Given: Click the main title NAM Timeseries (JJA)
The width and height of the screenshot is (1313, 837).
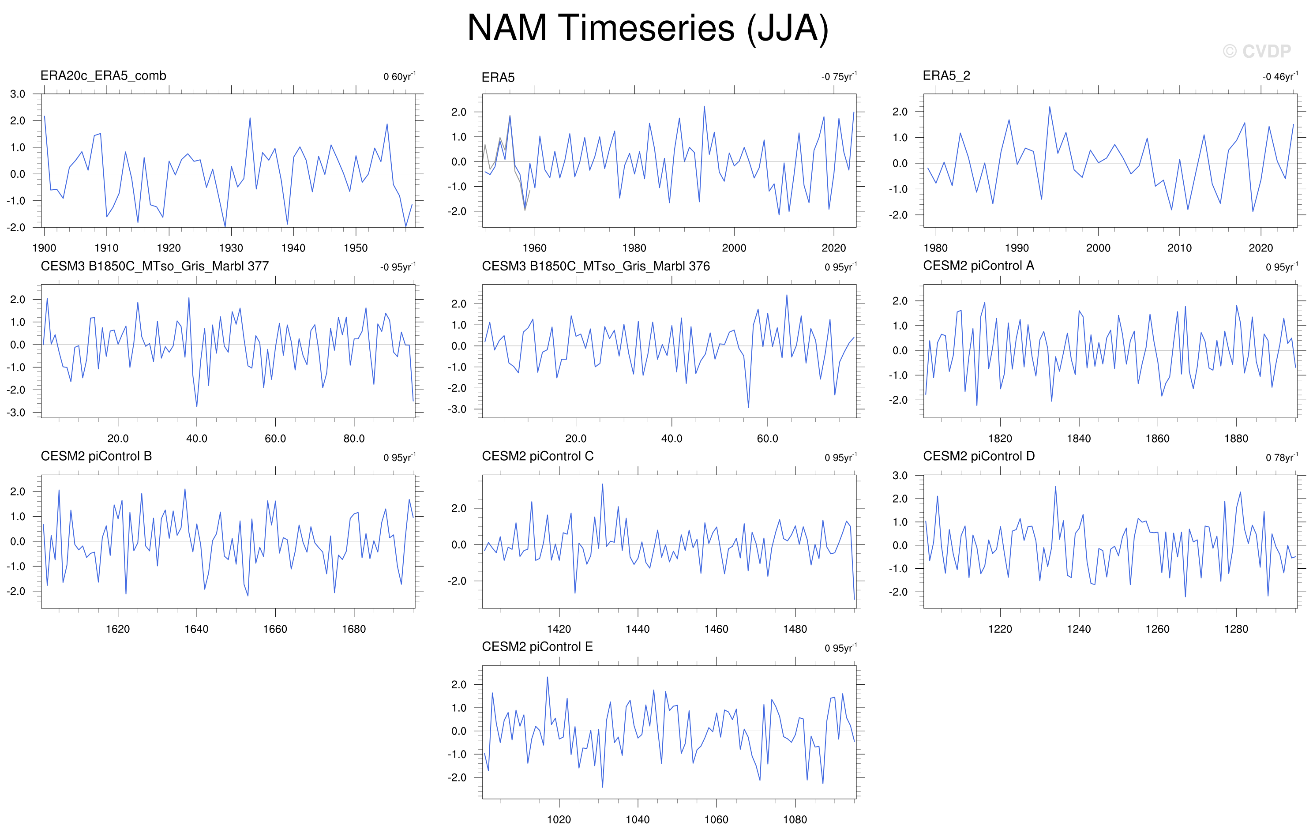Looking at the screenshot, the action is (648, 28).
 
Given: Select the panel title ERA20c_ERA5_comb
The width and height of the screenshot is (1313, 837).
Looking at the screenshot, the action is (103, 76).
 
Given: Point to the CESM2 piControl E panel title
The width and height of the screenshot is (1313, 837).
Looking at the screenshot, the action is (537, 647).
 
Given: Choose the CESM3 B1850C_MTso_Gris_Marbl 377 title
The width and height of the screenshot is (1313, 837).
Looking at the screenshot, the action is (155, 266).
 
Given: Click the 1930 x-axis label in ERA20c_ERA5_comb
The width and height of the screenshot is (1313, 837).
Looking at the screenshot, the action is (231, 248).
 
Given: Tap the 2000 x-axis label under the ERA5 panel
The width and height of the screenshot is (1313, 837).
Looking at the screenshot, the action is (734, 248).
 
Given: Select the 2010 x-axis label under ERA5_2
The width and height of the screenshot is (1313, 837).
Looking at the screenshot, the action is (1179, 248).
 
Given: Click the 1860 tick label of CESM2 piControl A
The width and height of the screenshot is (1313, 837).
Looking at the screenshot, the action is (1157, 439).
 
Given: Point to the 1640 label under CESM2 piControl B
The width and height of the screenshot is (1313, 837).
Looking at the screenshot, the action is (196, 629).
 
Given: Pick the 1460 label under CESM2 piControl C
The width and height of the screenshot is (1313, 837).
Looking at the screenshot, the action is (716, 629).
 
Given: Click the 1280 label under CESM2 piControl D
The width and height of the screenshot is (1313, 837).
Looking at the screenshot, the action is (1236, 629).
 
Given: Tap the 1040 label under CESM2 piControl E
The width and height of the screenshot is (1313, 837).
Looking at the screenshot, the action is (638, 819).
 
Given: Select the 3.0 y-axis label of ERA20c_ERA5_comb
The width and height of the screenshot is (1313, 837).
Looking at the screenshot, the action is (18, 94).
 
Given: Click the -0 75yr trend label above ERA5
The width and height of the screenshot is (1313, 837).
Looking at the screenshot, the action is (839, 76).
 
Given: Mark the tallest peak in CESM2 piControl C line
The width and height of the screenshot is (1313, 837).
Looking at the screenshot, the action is (603, 484).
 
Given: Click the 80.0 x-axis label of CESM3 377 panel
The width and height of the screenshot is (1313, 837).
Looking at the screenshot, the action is (354, 439).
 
